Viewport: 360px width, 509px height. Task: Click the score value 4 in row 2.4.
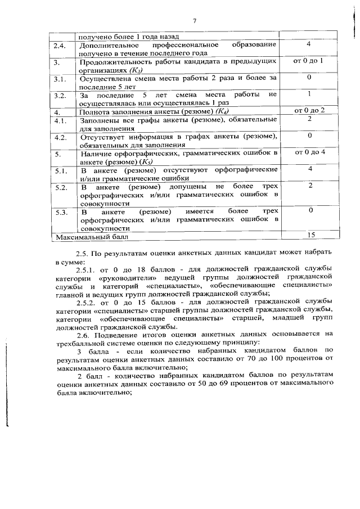click(309, 43)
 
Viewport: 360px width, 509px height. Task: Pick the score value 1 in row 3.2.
click(309, 94)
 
